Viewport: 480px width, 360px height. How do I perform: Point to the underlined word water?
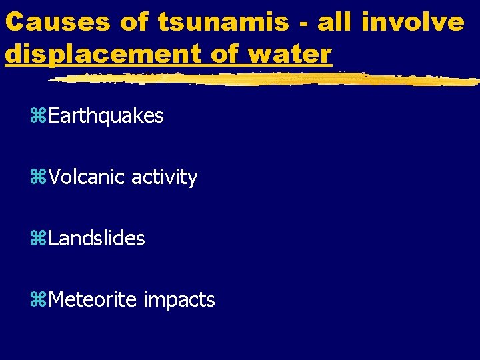293,53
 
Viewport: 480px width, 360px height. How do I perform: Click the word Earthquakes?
106,116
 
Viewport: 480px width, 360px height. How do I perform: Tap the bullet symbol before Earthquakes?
38,117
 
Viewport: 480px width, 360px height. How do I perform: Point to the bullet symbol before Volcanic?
38,178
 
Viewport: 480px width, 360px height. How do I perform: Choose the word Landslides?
97,239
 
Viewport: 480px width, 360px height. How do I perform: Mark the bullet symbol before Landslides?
38,239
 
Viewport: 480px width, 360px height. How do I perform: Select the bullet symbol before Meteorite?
38,301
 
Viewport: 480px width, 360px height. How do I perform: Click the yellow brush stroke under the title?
267,79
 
